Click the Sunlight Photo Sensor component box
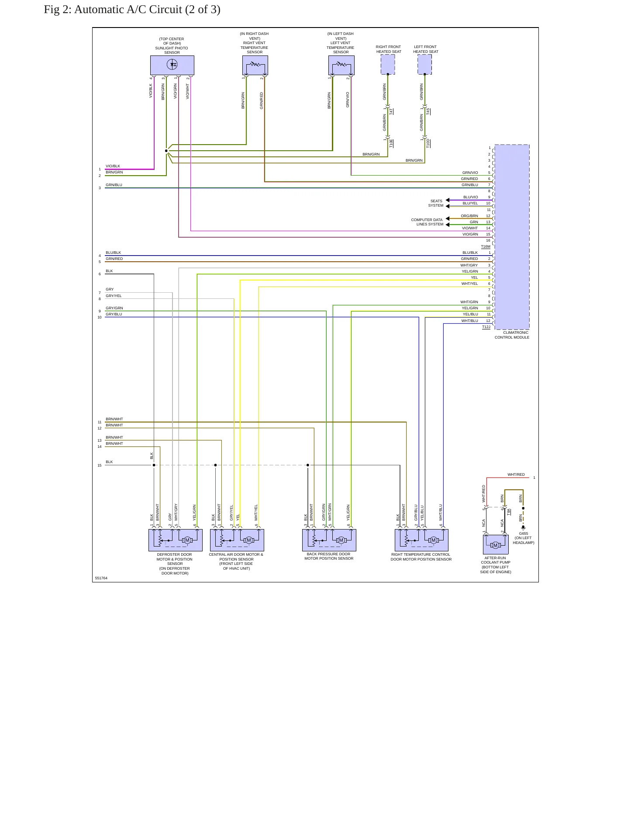click(x=172, y=65)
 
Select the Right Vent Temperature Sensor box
click(x=255, y=65)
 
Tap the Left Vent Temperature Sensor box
click(x=341, y=65)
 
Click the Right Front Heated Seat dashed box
click(x=388, y=65)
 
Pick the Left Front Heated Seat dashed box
click(x=424, y=65)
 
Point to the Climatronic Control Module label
click(x=512, y=335)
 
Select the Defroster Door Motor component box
click(x=176, y=540)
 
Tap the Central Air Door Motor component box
click(x=237, y=540)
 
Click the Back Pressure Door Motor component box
click(x=329, y=540)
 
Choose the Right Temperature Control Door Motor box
click(x=421, y=540)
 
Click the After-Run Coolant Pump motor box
click(x=496, y=544)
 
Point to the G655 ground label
click(x=524, y=533)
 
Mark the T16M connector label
click(x=486, y=247)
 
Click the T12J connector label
click(x=486, y=327)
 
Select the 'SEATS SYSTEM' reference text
click(x=436, y=203)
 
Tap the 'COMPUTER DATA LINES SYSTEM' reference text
click(x=427, y=222)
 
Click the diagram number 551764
click(x=101, y=578)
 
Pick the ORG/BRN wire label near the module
click(x=469, y=216)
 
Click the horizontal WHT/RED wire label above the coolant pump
click(x=516, y=474)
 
